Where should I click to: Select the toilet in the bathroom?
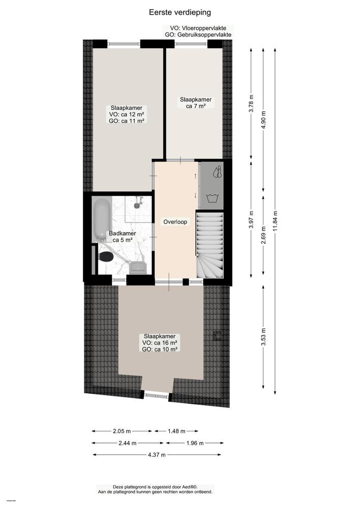pyautogui.click(x=106, y=256)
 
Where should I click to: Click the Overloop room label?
pyautogui.click(x=175, y=222)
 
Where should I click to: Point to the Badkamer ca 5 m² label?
pyautogui.click(x=122, y=237)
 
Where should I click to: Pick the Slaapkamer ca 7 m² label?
pyautogui.click(x=195, y=103)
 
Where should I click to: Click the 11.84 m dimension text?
pyautogui.click(x=275, y=220)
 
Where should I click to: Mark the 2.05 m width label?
pyautogui.click(x=122, y=431)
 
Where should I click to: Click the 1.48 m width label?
pyautogui.click(x=176, y=431)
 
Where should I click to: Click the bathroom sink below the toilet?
pyautogui.click(x=138, y=267)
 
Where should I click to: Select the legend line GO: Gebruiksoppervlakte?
pyautogui.click(x=198, y=35)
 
